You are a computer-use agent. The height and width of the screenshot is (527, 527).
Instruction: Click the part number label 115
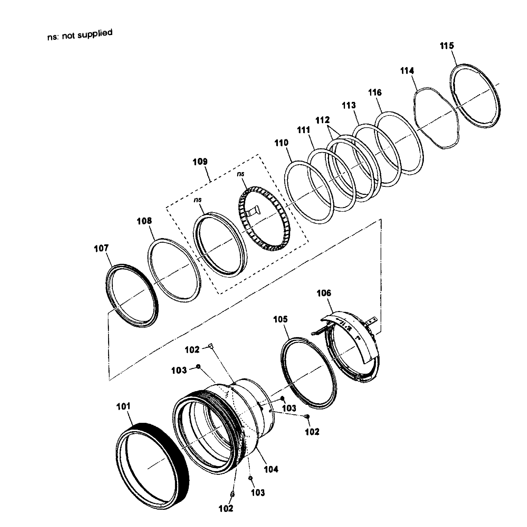pos(447,46)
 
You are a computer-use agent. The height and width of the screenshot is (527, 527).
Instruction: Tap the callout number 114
pos(407,71)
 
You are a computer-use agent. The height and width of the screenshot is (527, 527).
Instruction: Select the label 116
pos(375,93)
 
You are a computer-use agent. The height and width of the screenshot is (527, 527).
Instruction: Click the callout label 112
pos(322,120)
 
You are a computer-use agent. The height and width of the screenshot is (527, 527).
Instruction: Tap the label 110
pos(281,143)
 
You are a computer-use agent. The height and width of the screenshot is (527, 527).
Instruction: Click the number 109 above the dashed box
pos(200,162)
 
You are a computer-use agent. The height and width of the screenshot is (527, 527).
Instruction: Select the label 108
pos(144,221)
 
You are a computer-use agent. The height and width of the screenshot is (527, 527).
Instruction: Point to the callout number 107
pos(101,248)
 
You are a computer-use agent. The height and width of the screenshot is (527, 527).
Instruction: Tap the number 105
pos(280,319)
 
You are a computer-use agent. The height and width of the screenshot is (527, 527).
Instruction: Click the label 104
pos(271,469)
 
